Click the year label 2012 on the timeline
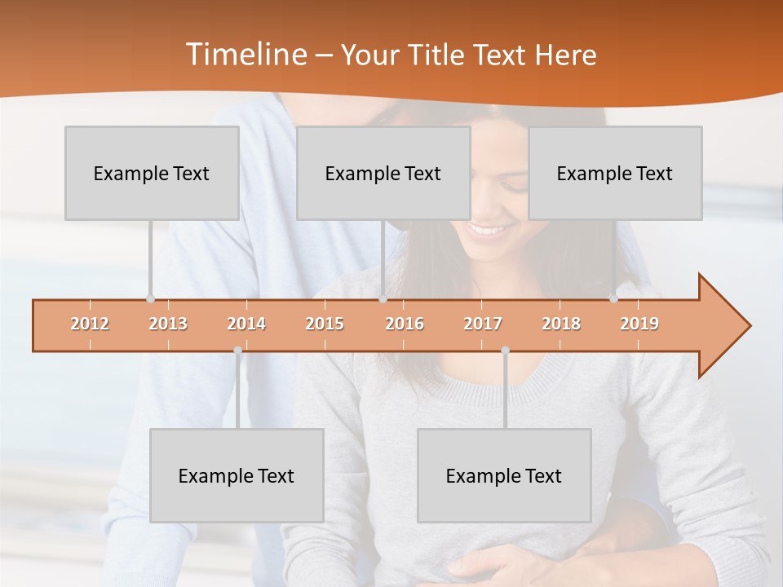point(90,324)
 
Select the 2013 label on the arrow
point(168,324)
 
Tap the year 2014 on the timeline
point(246,324)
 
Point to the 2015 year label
point(325,324)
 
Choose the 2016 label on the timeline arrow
point(405,324)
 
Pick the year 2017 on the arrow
point(483,324)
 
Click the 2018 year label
point(561,324)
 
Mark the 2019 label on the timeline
point(639,324)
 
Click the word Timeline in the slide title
point(245,55)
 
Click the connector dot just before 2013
point(150,299)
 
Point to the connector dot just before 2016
point(383,299)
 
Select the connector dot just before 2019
point(613,299)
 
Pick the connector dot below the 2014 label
point(237,351)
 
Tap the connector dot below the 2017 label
point(505,351)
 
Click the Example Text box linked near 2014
point(237,475)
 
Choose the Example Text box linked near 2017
point(504,475)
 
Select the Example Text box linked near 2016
point(383,173)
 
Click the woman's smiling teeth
point(488,229)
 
